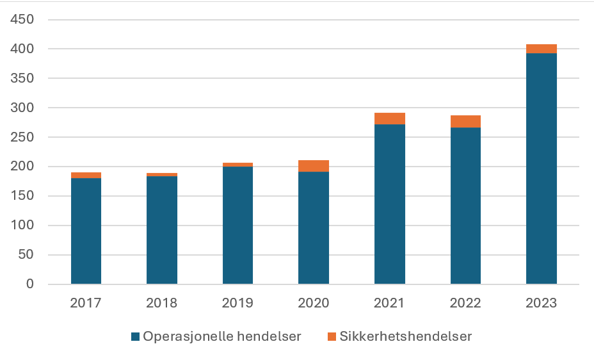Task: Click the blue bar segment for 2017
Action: tap(86, 231)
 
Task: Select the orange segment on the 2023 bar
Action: tap(542, 49)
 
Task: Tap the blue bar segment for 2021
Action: tap(390, 204)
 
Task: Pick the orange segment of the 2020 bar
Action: tap(314, 166)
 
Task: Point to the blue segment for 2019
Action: tap(237, 225)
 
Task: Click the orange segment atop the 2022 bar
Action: tap(465, 121)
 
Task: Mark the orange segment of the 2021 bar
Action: tap(390, 119)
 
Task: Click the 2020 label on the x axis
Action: tap(314, 303)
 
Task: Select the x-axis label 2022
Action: tap(465, 303)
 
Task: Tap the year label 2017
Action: tap(86, 303)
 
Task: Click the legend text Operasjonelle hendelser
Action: tap(221, 336)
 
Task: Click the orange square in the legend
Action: tap(331, 336)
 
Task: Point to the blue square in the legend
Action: tap(134, 336)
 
